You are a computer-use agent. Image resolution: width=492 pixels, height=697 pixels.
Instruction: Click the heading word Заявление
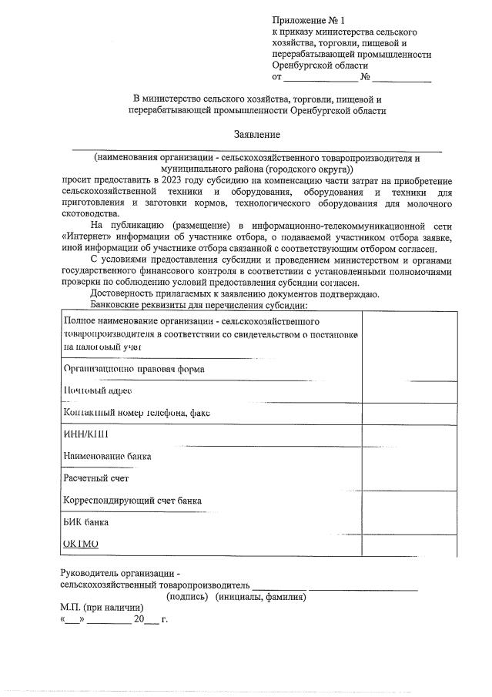(257, 133)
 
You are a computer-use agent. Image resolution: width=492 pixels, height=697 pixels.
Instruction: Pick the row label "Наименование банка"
(107, 456)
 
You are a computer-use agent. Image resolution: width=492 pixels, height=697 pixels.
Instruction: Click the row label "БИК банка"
(85, 522)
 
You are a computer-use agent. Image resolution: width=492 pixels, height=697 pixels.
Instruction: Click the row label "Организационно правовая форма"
(133, 369)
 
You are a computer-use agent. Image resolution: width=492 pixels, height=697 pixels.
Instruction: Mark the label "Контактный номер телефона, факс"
(137, 413)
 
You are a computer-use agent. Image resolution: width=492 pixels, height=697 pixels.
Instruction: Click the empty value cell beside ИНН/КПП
(409, 434)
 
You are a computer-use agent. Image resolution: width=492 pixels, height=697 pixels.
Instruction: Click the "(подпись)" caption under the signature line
(188, 597)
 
